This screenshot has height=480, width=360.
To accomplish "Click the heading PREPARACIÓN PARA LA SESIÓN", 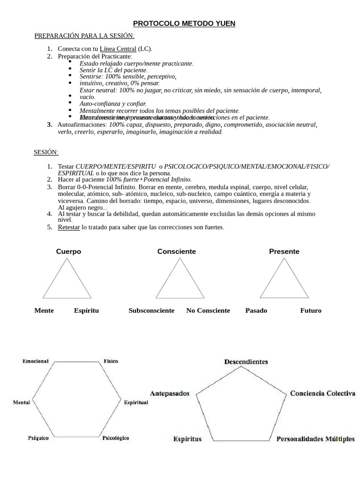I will tap(84, 36).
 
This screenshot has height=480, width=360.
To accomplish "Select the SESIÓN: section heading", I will tap(46, 152).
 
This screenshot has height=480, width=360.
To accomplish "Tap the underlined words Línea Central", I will tap(118, 49).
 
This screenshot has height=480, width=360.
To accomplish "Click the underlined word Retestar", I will tap(69, 227).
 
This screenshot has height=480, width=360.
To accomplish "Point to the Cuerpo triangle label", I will tap(68, 251).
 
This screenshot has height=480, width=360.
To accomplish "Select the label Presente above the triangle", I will tap(284, 251).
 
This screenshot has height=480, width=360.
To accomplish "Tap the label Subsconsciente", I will tap(151, 310).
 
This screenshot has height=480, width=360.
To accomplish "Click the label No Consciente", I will tap(208, 310).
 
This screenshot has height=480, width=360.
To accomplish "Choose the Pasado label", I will tap(256, 310).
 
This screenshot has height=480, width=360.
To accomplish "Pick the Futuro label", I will tap(311, 310).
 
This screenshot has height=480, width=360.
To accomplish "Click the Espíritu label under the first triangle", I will tap(86, 310).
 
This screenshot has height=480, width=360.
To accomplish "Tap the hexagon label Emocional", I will tap(35, 361).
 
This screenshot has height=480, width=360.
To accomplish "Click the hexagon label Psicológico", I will tap(115, 438).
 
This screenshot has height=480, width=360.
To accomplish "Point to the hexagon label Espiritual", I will tap(136, 402).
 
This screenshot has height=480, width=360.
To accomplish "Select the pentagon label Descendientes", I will tap(246, 361).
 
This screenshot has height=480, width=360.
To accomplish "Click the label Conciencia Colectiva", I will tap(322, 393).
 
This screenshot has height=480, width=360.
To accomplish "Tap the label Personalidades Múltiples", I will tap(315, 439).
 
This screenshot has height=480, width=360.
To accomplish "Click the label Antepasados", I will tap(170, 393).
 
